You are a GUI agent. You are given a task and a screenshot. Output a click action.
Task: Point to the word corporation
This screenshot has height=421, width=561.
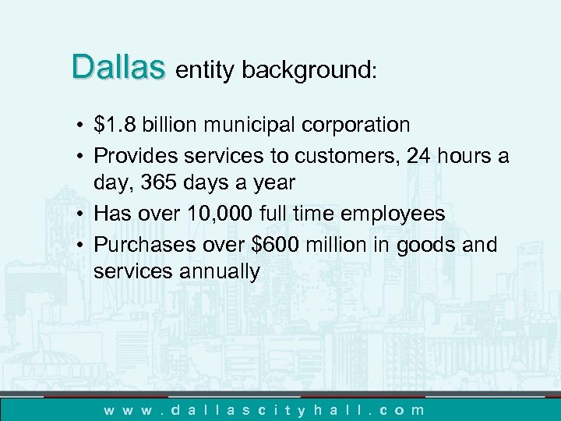coord(360,126)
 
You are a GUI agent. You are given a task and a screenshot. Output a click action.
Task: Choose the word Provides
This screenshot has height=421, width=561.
coord(134,155)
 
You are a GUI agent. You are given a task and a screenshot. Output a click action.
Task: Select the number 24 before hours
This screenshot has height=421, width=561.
coord(421,154)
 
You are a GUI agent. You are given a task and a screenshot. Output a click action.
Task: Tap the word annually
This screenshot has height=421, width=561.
coord(215,273)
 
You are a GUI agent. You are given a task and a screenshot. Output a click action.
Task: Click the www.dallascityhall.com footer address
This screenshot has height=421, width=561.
coord(265,409)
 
